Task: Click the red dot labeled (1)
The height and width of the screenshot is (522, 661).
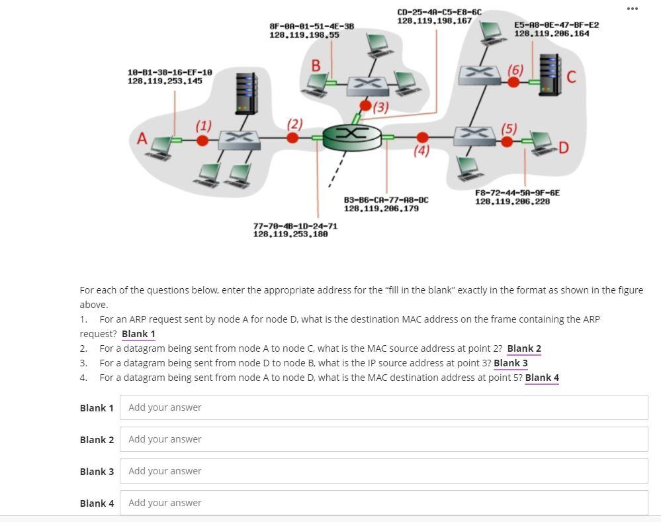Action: coord(202,140)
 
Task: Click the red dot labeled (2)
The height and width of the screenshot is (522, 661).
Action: coord(292,138)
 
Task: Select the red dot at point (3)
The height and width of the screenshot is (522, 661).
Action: coord(365,106)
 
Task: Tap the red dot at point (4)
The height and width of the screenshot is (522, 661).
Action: coord(422,138)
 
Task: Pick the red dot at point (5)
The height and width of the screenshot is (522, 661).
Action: coord(507,142)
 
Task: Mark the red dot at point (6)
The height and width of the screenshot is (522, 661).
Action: coord(513,82)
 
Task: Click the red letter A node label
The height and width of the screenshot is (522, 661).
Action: coord(142,139)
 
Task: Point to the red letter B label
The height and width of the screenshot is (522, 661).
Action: coord(316,66)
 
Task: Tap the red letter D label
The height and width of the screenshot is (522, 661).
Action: coord(564,148)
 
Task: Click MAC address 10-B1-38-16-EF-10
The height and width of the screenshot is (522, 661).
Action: coord(169,72)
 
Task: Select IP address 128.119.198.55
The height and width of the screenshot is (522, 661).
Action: coord(304,34)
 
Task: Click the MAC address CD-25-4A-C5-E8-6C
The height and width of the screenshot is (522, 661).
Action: coord(439,12)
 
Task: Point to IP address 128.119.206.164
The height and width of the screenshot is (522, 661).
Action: coord(551,33)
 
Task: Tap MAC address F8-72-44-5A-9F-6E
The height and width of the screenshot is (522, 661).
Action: coord(517,193)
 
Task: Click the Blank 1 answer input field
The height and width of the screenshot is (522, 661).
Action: coord(383,407)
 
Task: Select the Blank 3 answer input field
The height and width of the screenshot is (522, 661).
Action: coord(383,471)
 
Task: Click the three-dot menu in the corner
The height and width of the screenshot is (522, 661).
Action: coord(632,9)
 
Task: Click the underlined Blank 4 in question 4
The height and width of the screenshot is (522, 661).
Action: coord(542,378)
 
